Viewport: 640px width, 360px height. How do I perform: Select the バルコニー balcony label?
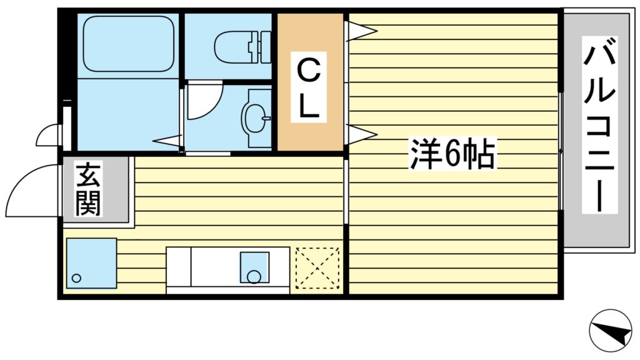[x=599, y=125]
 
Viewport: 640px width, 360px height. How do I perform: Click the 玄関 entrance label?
[x=88, y=189]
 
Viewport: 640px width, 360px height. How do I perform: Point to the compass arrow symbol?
[x=611, y=330]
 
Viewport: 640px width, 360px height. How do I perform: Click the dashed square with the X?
[x=317, y=269]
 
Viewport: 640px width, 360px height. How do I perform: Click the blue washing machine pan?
[x=91, y=263]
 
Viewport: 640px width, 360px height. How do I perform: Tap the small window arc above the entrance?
[x=49, y=135]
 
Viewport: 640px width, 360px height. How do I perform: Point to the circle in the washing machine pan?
[x=76, y=278]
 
